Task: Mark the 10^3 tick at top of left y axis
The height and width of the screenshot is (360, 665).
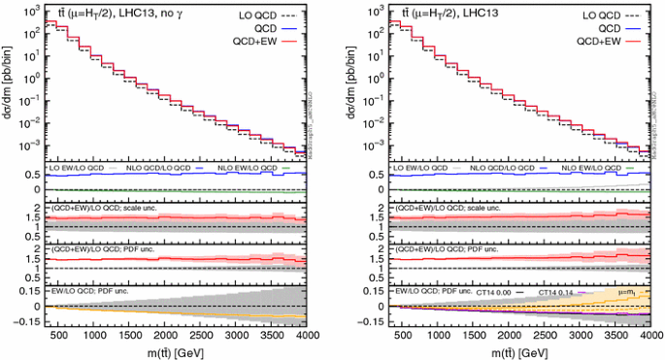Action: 30,9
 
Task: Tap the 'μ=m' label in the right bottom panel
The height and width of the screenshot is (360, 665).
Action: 625,290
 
